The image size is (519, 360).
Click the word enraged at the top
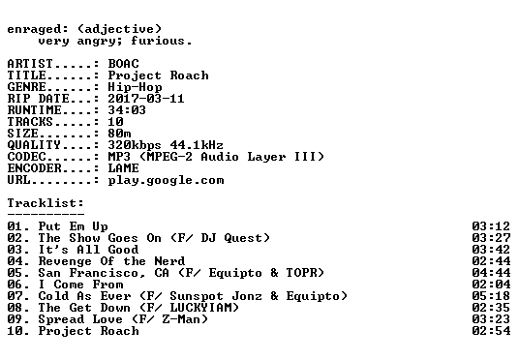pyautogui.click(x=34, y=29)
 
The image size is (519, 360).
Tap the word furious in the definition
pyautogui.click(x=157, y=41)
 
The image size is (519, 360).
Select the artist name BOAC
pyautogui.click(x=124, y=64)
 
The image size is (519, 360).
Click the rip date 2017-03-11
pyautogui.click(x=146, y=99)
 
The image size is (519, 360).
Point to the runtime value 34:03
pyautogui.click(x=127, y=110)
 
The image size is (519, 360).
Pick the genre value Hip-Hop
pyautogui.click(x=135, y=87)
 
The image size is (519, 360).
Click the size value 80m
pyautogui.click(x=119, y=134)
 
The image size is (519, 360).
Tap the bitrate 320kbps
pyautogui.click(x=135, y=145)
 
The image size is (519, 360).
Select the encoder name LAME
pyautogui.click(x=124, y=168)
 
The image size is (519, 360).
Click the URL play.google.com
pyautogui.click(x=166, y=180)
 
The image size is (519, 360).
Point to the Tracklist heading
pyautogui.click(x=46, y=203)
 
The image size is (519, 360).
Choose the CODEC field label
pyautogui.click(x=26, y=157)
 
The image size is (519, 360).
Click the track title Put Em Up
pyautogui.click(x=74, y=226)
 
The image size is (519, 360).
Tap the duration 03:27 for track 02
pyautogui.click(x=491, y=238)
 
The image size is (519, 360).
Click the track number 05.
pyautogui.click(x=15, y=273)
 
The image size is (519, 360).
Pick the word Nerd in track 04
pyautogui.click(x=169, y=261)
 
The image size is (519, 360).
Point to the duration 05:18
pyautogui.click(x=491, y=296)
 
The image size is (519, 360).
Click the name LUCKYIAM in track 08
pyautogui.click(x=200, y=308)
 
